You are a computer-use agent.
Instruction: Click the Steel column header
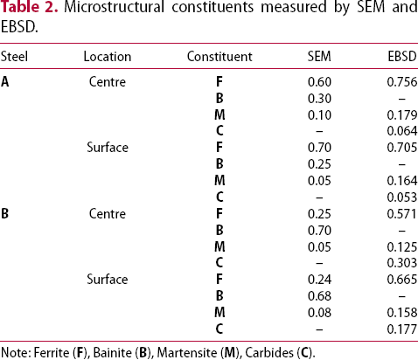tap(14, 57)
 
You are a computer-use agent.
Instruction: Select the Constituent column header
tap(219, 57)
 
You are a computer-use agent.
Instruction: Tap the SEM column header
tap(319, 57)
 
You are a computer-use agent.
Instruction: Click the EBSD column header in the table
tap(402, 57)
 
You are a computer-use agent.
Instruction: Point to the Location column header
tap(108, 57)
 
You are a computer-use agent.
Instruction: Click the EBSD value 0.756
tap(402, 82)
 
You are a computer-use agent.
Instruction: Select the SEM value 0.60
tap(319, 82)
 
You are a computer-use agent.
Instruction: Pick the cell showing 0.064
tap(402, 131)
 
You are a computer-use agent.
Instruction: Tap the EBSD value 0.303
tap(402, 263)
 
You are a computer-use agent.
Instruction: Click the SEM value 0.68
tap(319, 296)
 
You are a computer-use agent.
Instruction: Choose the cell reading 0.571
tap(402, 214)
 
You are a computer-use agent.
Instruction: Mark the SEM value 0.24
tap(319, 280)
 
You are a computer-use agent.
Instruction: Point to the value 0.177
tap(402, 329)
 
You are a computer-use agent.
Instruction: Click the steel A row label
tap(5, 82)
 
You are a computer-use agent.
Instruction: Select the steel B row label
tap(4, 214)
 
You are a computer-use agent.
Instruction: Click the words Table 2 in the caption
tap(29, 7)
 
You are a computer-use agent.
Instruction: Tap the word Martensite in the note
tap(187, 353)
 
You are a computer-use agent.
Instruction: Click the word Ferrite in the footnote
tap(52, 353)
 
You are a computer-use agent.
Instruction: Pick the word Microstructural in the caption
tap(115, 7)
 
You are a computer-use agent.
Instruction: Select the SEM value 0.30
tap(319, 99)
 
